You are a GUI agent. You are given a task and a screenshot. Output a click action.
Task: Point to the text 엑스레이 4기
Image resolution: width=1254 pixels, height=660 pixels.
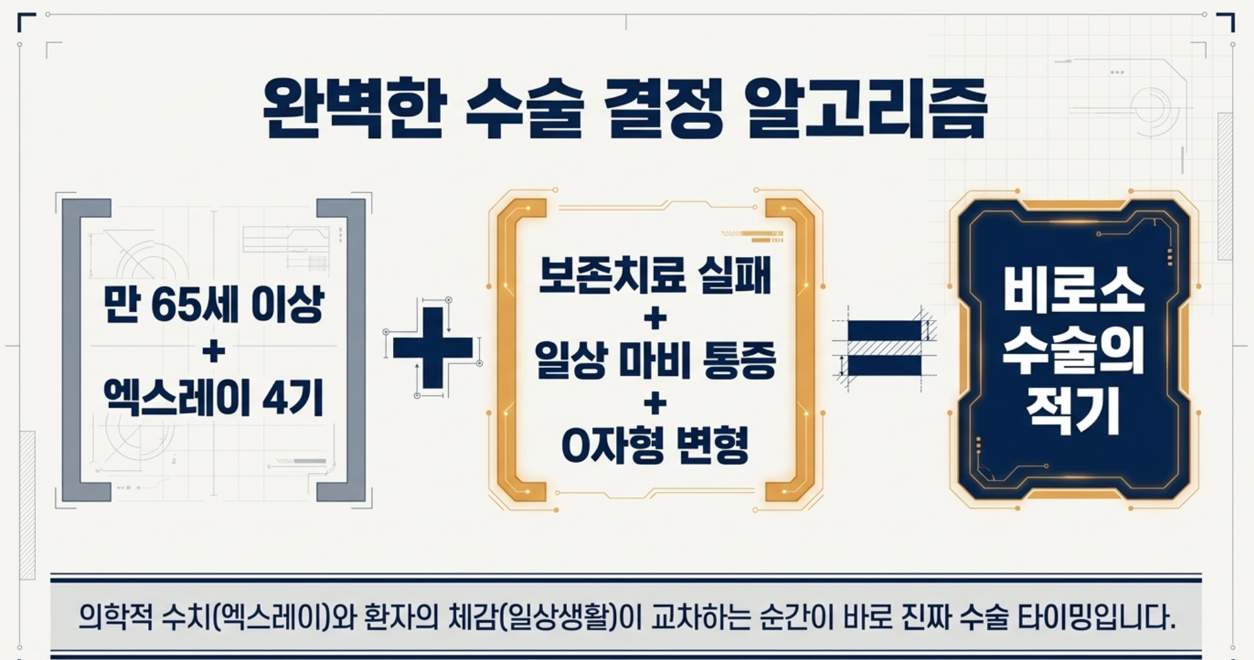click(213, 398)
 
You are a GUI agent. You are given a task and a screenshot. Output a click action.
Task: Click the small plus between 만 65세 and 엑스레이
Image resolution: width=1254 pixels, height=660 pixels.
click(213, 352)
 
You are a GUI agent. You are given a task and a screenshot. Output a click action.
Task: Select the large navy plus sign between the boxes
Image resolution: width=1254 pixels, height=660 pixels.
click(432, 347)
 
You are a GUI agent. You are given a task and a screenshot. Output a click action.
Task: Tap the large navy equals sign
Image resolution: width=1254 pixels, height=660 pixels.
click(884, 347)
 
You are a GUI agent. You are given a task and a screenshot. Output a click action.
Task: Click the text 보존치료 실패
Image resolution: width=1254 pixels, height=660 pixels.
click(655, 275)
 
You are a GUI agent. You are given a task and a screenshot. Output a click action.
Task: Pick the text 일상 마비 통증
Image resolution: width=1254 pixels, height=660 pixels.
click(655, 361)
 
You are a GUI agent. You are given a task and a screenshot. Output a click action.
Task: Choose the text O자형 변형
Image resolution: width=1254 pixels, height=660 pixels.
click(655, 446)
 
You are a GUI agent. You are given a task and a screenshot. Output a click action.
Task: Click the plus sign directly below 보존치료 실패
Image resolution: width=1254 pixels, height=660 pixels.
click(655, 319)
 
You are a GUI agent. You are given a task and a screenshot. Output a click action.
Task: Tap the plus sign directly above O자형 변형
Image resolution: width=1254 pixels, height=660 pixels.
click(655, 404)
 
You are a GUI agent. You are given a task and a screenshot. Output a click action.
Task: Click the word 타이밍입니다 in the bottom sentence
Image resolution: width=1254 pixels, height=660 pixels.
click(1095, 618)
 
